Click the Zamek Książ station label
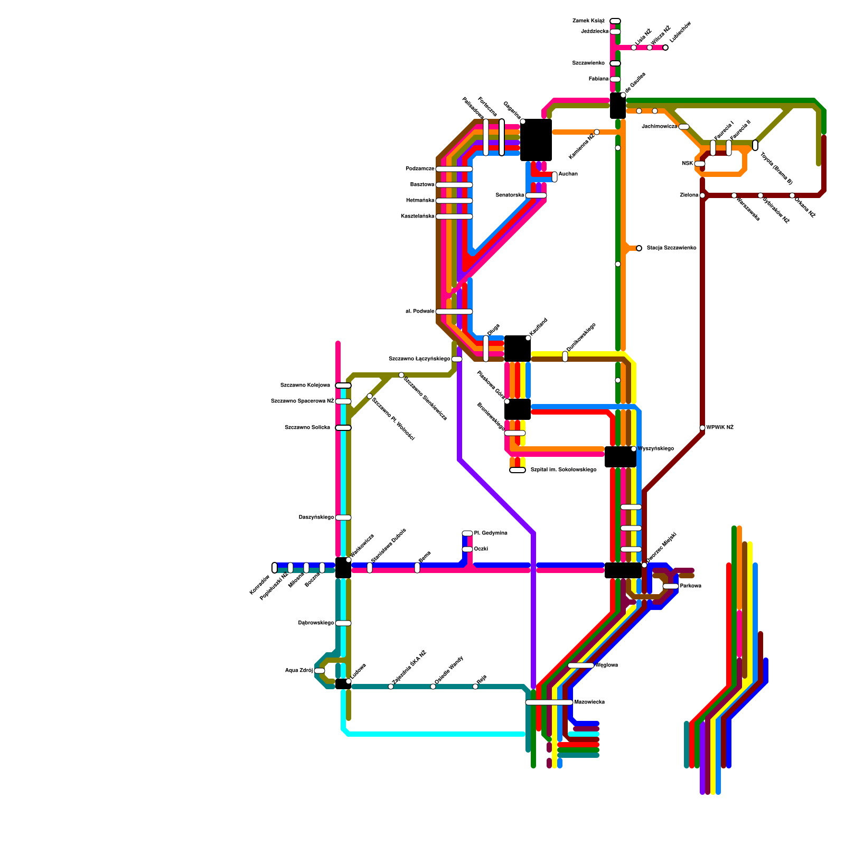pos(588,21)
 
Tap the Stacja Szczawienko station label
pos(671,248)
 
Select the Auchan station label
pos(568,174)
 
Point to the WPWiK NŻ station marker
pos(702,428)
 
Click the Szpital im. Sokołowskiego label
pos(564,470)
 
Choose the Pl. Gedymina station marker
pos(467,533)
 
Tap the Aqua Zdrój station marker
pos(320,671)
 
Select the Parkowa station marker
pos(671,586)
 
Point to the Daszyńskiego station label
pos(316,518)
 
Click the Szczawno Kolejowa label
pos(305,386)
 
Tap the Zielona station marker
pos(702,195)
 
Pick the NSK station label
pos(687,164)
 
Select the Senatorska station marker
pos(536,195)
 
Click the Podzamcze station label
pos(420,169)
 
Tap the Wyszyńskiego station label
pos(655,449)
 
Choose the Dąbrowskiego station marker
pos(343,623)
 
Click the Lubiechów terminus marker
pos(665,48)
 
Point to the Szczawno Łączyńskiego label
pos(419,359)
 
